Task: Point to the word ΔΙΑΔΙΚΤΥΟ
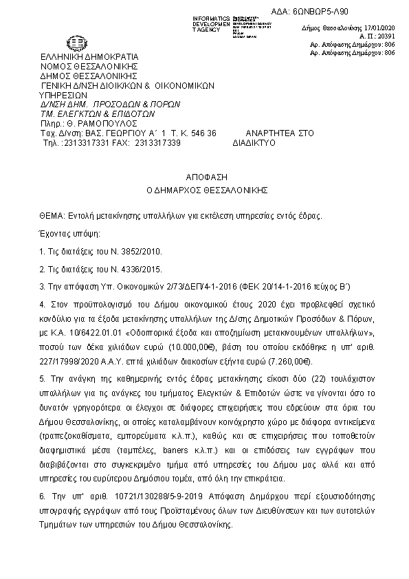254,143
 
